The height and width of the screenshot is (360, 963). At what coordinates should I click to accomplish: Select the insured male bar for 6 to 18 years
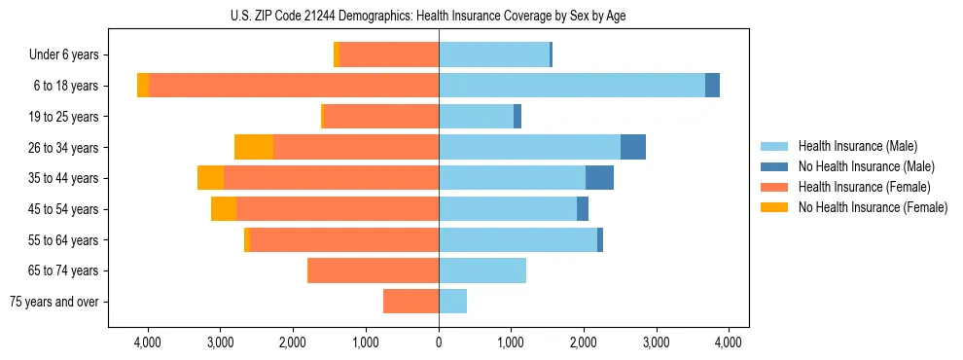click(572, 86)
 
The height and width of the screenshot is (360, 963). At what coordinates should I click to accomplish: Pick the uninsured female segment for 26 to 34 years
click(254, 147)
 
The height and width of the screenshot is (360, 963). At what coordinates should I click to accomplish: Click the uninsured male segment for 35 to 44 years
click(599, 178)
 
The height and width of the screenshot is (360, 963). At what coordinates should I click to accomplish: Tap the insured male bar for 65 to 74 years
click(482, 270)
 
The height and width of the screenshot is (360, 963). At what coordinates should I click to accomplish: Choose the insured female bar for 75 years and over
click(410, 302)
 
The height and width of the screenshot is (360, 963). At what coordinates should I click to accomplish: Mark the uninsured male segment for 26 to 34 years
click(633, 147)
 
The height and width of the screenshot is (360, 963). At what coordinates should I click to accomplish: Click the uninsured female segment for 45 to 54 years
click(224, 209)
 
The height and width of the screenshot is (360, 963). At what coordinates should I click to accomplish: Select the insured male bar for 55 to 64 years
click(517, 239)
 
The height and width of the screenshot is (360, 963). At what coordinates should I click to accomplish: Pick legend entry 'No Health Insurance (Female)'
click(873, 207)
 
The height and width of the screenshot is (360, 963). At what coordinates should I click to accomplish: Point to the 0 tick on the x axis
click(439, 342)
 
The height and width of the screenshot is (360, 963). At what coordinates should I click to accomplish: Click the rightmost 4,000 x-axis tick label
click(729, 342)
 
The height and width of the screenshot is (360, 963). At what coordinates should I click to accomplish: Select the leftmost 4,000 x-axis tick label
click(148, 342)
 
